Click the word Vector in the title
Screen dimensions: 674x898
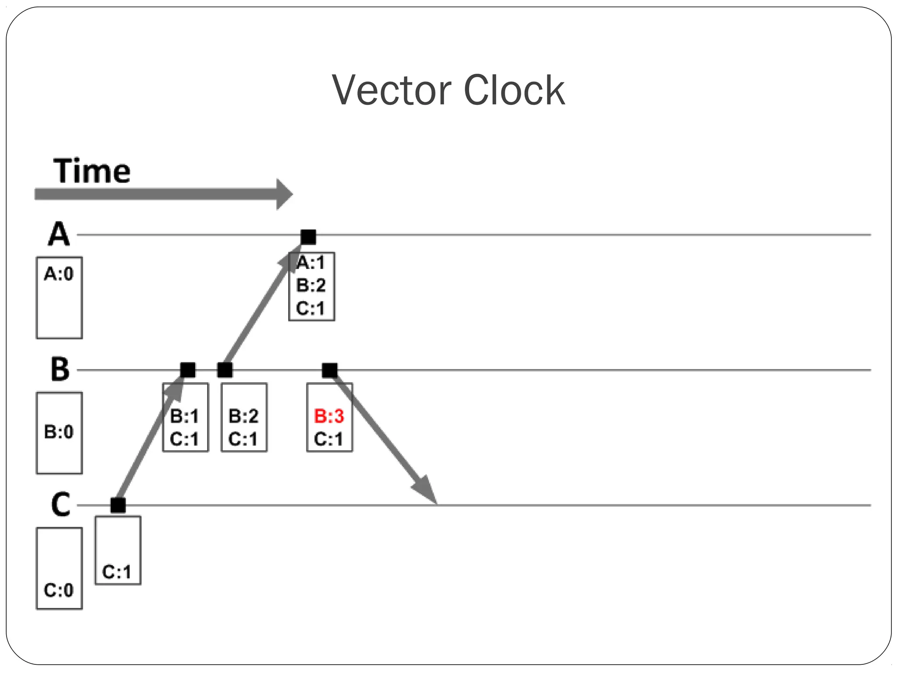pos(392,90)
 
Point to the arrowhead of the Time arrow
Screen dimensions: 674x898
pos(284,194)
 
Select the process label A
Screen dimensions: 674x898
pos(59,234)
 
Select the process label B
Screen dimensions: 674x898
pos(60,369)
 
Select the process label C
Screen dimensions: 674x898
pos(61,505)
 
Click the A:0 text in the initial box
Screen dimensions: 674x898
pos(59,274)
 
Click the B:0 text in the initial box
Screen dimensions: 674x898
pos(59,432)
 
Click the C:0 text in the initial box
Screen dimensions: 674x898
pos(59,590)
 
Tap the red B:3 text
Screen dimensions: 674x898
pos(329,416)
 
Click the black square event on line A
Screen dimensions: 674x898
pos(308,237)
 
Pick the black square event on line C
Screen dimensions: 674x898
pos(118,505)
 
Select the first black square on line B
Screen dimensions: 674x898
pos(188,370)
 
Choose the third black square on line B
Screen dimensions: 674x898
pos(330,370)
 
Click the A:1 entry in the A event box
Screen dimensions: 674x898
pos(311,263)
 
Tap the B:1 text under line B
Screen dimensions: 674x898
pos(185,416)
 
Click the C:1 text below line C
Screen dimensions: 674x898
pos(117,572)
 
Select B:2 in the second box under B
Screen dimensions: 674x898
pos(244,416)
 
